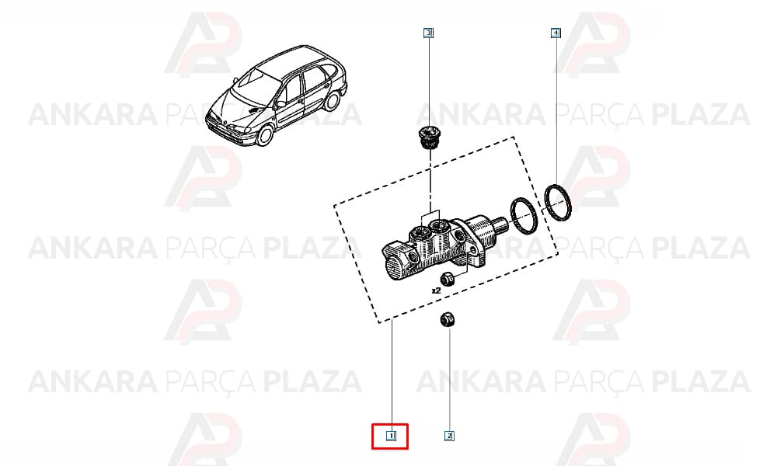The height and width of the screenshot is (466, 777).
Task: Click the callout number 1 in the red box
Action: [x=391, y=436]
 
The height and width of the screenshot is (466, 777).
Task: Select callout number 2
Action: [x=449, y=436]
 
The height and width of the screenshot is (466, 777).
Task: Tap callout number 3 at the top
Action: [x=429, y=33]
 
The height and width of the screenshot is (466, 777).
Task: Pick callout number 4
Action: [x=556, y=33]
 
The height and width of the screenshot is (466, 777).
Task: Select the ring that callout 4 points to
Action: [x=558, y=203]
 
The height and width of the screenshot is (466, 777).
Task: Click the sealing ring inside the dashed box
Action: [x=524, y=215]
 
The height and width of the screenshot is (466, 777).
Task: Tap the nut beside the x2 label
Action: [x=448, y=279]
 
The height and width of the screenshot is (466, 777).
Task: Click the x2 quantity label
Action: [x=436, y=290]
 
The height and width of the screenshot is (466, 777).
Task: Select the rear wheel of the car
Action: [x=332, y=101]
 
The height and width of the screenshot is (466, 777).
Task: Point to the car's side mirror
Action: [x=281, y=104]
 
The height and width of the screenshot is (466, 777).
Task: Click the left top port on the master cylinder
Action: [x=420, y=233]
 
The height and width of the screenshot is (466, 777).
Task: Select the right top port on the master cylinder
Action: [x=438, y=226]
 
